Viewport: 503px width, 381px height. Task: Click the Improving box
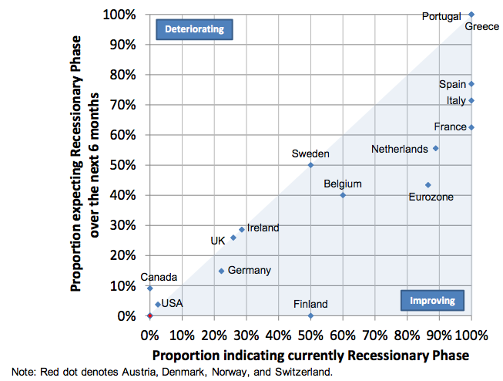(x=432, y=300)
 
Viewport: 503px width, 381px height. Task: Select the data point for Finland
(x=310, y=315)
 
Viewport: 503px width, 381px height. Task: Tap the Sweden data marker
(x=310, y=165)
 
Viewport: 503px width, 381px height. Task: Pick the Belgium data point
(x=343, y=195)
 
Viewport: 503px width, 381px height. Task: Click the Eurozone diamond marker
(x=428, y=185)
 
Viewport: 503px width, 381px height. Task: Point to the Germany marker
(x=221, y=271)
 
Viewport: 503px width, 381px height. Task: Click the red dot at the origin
(x=149, y=315)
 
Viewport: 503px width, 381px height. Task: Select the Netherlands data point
(x=435, y=148)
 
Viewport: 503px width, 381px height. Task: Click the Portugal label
(x=441, y=15)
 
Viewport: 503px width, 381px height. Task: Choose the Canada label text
(x=159, y=277)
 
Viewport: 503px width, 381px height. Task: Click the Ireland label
(x=263, y=228)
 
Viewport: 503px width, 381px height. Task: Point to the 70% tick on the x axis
(x=375, y=335)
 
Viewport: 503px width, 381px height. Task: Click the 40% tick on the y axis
(x=126, y=195)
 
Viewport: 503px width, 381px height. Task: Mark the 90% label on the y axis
(x=126, y=45)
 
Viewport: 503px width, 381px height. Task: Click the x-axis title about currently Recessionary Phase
(x=310, y=356)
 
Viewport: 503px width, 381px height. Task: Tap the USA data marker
(x=158, y=305)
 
